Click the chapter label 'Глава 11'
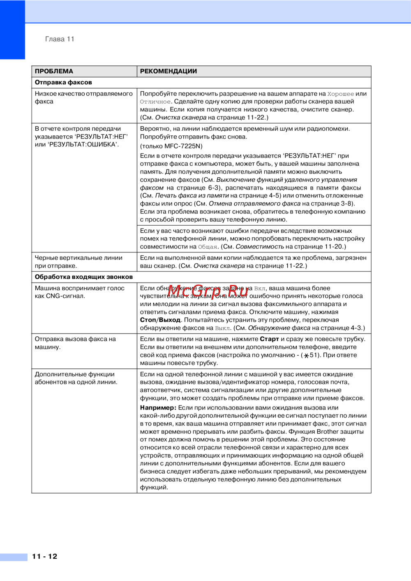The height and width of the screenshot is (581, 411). point(60,39)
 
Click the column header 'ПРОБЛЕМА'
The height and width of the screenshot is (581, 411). point(54,71)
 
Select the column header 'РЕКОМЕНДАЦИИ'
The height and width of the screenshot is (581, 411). point(169,71)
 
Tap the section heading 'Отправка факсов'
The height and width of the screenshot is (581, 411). point(63,82)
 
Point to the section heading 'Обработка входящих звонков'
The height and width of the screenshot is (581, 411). point(84,277)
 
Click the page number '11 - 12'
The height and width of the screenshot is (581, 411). point(45,556)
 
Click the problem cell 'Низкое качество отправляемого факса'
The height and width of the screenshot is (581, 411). point(83,97)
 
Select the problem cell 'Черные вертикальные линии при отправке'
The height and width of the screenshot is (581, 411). point(79,262)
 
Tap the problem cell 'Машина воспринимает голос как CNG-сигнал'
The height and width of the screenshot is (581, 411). point(79,292)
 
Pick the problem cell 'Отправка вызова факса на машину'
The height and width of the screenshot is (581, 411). point(75,343)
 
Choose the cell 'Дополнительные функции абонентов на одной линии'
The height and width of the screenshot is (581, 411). point(76,378)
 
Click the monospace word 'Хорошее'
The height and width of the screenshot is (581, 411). point(340,94)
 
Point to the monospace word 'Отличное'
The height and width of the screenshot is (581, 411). point(155,102)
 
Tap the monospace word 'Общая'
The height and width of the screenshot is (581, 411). point(208,247)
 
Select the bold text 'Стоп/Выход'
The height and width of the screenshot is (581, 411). point(160,320)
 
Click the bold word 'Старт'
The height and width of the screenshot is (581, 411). point(269,339)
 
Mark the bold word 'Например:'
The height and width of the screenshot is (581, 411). point(158,407)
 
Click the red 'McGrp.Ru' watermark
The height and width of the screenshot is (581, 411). point(208,291)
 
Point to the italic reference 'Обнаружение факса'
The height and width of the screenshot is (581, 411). point(279,328)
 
